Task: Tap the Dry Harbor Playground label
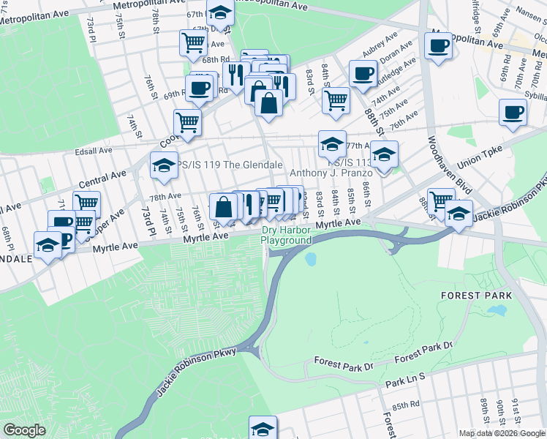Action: pos(287,236)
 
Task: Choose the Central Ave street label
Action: pos(103,178)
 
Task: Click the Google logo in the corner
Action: pos(23,430)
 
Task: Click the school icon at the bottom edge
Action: pos(263,428)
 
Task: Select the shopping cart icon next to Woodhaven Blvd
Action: pos(441,200)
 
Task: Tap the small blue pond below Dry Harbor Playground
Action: pos(311,259)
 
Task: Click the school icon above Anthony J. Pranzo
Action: pos(332,144)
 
